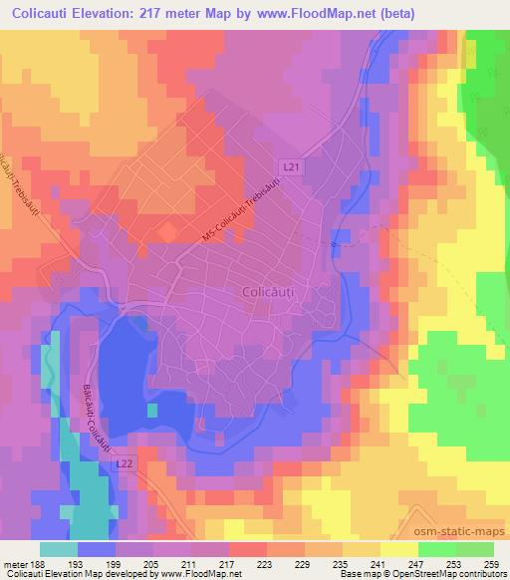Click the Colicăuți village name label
(x=271, y=292)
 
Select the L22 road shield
(x=125, y=464)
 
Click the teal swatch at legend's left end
(x=60, y=549)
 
